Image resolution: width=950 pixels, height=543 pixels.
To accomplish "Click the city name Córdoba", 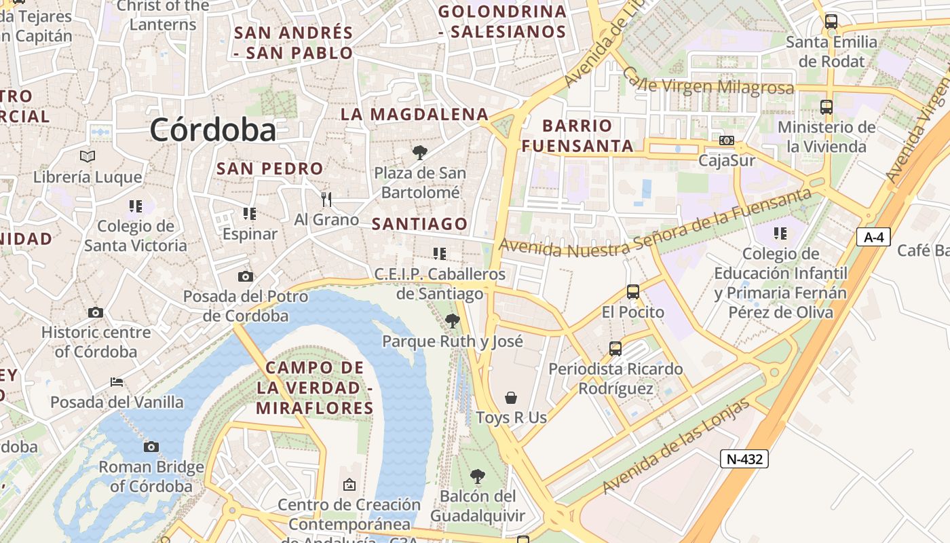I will tap(212, 129).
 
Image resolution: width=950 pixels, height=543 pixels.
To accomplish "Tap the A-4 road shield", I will tap(873, 237).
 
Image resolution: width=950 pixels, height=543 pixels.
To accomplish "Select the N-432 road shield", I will tap(744, 459).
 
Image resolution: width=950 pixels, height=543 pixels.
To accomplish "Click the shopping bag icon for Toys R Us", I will tap(511, 398).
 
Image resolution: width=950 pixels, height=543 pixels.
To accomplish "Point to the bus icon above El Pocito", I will tap(633, 292).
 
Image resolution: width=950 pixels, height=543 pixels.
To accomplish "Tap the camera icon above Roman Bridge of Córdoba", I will tap(151, 447).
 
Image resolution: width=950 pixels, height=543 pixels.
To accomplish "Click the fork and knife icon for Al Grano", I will tap(326, 199).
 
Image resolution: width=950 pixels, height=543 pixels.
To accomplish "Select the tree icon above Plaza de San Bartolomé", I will tap(420, 152).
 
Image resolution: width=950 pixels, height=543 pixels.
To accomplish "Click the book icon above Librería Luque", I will tap(88, 157).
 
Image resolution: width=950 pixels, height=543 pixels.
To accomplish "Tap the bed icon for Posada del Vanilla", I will tap(117, 382).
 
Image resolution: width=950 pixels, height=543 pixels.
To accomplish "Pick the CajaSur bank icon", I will tap(727, 141).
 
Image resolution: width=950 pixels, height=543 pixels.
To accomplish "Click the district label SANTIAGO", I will tap(419, 224).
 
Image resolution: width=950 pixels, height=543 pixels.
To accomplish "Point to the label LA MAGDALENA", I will tap(415, 114).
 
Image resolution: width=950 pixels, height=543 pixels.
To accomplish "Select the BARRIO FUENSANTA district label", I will tap(577, 136).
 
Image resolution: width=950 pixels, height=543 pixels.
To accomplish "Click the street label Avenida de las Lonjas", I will tap(677, 446).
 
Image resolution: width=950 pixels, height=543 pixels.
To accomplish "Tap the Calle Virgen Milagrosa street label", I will tap(708, 83).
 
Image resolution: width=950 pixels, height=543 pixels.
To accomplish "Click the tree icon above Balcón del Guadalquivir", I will tap(478, 476).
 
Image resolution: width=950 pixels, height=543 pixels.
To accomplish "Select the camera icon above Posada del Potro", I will tap(246, 276).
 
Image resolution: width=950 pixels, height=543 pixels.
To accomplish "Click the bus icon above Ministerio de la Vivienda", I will tap(826, 107).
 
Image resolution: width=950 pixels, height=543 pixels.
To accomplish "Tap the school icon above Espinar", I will tap(250, 214).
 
